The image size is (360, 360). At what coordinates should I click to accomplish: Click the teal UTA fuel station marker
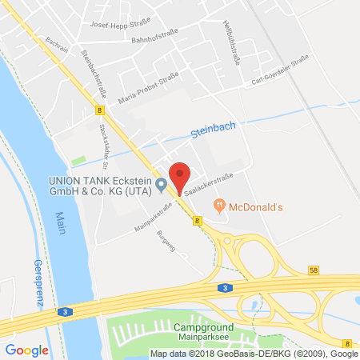[x=162, y=186]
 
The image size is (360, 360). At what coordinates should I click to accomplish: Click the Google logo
[x=26, y=350]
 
